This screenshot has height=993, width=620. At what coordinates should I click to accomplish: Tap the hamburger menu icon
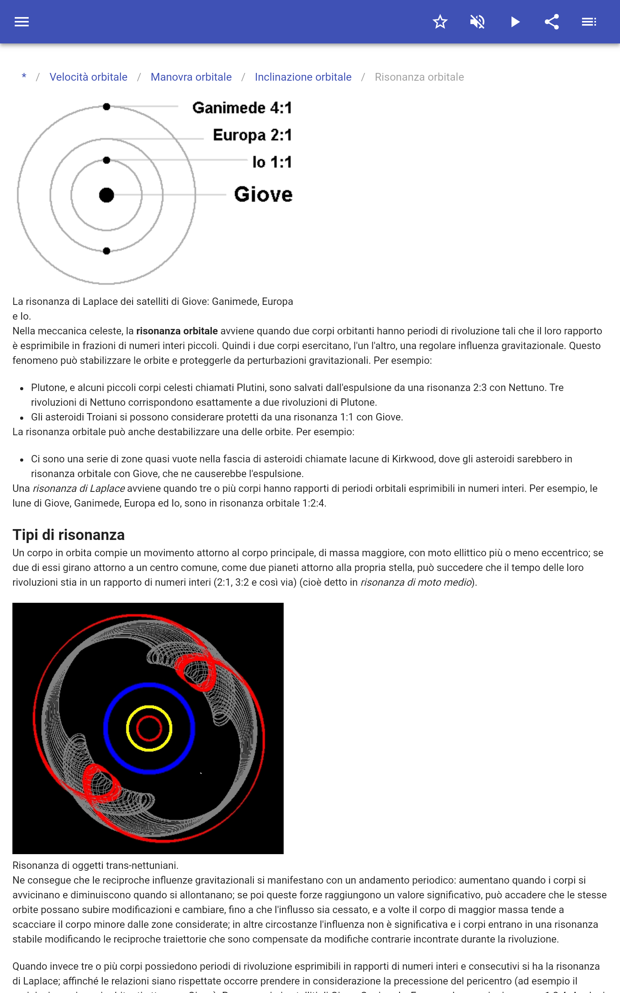22,22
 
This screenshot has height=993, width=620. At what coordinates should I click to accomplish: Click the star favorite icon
440,22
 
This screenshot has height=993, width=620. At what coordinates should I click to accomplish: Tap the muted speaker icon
477,22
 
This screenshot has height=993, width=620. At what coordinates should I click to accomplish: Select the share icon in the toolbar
552,22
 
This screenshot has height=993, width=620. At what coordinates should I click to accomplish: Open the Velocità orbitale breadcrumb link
88,77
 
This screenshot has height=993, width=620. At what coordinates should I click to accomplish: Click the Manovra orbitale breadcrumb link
191,77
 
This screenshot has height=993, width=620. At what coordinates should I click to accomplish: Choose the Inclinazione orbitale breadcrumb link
303,77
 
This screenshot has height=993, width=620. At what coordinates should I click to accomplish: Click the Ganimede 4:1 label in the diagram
242,108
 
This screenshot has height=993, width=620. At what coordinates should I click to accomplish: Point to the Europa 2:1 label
252,135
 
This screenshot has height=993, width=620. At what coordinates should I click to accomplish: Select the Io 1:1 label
272,163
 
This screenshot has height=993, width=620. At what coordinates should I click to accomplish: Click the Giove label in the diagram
263,194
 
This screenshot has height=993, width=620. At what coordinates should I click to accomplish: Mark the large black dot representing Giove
107,195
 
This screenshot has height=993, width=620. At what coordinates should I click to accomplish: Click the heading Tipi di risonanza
69,535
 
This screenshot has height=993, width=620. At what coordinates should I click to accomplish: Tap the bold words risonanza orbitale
177,331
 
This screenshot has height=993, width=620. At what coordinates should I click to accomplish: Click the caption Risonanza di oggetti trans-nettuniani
95,865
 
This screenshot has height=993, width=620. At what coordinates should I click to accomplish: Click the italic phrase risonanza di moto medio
416,582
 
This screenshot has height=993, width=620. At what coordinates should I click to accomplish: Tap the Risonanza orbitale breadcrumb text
419,77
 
